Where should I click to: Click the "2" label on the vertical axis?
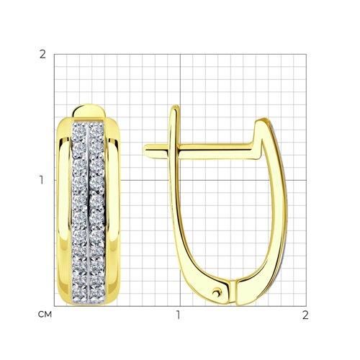[x=42, y=55]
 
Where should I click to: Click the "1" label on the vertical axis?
[x=42, y=180]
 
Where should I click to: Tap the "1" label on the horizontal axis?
[x=178, y=315]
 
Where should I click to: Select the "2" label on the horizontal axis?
[x=305, y=315]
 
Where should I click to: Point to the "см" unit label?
[x=45, y=315]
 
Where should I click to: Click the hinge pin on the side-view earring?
[x=217, y=292]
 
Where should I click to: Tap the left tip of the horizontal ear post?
[x=144, y=150]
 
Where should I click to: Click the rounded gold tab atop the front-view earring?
[x=89, y=111]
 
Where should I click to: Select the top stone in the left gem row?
[x=79, y=130]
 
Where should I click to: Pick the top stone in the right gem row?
[x=97, y=130]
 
